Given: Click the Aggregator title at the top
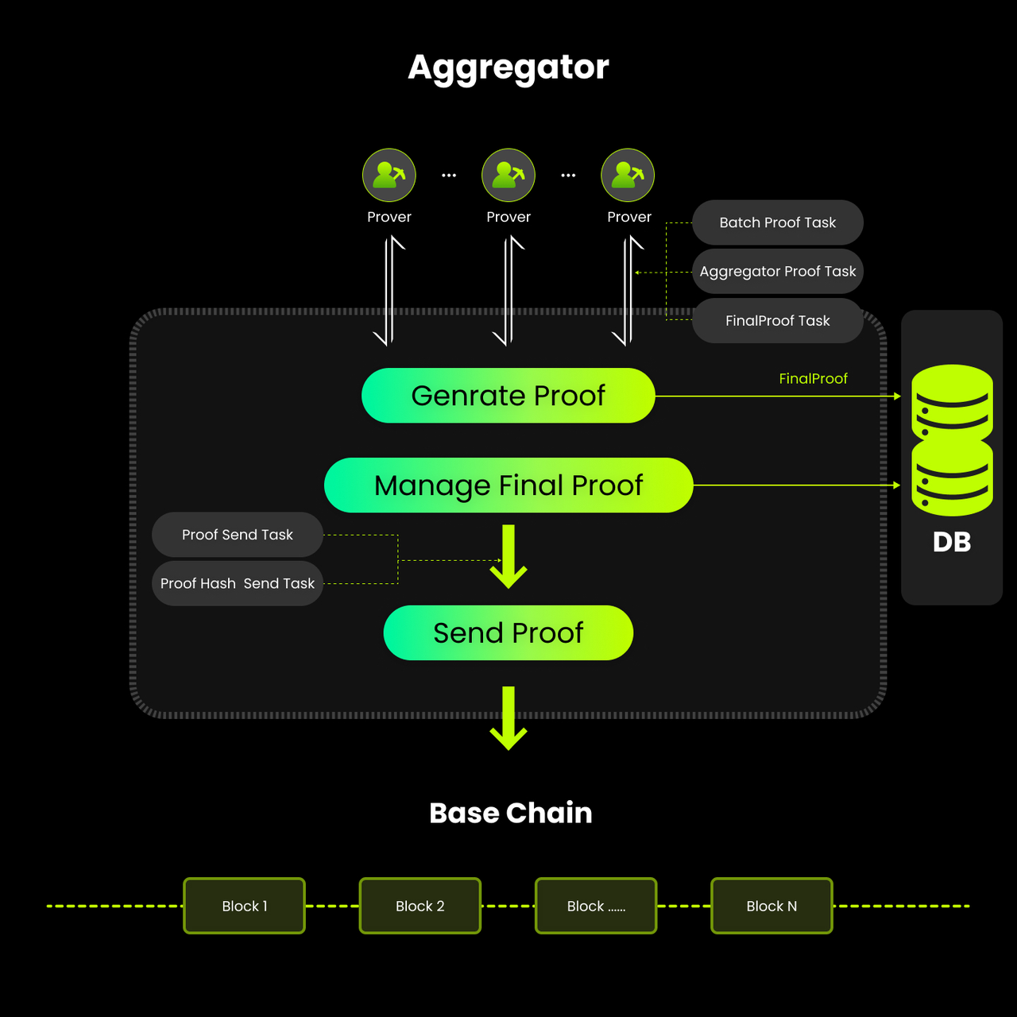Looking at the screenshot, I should coord(508,67).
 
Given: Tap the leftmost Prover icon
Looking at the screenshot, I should coord(389,175).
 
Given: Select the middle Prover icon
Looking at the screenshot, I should coord(508,175).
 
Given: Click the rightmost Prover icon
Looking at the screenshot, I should coord(628,175).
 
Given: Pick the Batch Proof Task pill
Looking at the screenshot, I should coord(777,222).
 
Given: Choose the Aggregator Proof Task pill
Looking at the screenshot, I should coord(777,272).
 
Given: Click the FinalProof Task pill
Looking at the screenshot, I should coord(777,321).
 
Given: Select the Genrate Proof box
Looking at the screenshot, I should coord(508,396).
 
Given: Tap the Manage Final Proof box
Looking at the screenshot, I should coord(508,485).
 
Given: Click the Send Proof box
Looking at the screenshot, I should coord(508,632).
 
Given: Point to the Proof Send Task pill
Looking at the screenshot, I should coord(237,535).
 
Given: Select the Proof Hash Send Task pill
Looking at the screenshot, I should coord(237,583).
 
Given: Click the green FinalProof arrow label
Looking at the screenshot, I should coord(813,379).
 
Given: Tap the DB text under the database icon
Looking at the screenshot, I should coord(952,543).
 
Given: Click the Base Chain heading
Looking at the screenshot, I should coord(510,813).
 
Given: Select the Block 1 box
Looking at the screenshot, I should coord(245,906).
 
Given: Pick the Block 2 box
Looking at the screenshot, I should coord(420,906).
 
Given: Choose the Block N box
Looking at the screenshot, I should coord(771,906).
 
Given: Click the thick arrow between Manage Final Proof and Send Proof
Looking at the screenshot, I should coord(508,556).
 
